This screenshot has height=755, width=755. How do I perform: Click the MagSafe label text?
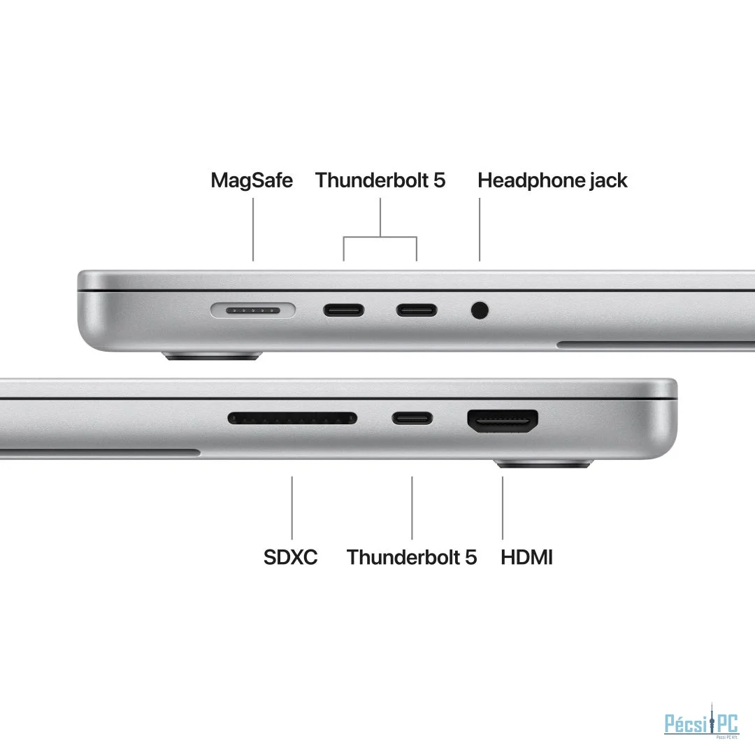pyautogui.click(x=252, y=180)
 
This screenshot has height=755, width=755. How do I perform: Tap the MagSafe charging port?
pyautogui.click(x=253, y=310)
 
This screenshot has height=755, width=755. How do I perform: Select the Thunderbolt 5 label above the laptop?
pyautogui.click(x=380, y=180)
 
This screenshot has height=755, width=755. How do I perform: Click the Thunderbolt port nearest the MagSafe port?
pyautogui.click(x=343, y=310)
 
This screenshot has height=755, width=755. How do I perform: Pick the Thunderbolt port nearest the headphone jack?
pyautogui.click(x=417, y=310)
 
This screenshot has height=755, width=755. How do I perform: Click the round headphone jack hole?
pyautogui.click(x=480, y=310)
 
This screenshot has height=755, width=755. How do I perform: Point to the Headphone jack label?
pyautogui.click(x=552, y=180)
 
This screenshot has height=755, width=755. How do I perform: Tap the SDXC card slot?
pyautogui.click(x=292, y=419)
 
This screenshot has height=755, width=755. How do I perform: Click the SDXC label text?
pyautogui.click(x=290, y=557)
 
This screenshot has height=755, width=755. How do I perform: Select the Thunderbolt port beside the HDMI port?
pyautogui.click(x=412, y=419)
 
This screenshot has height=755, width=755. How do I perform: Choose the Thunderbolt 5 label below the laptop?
pyautogui.click(x=412, y=557)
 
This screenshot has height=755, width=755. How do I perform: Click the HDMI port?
pyautogui.click(x=503, y=422)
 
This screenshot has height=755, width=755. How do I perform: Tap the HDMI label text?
pyautogui.click(x=527, y=557)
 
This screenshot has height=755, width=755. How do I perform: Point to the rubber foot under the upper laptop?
pyautogui.click(x=213, y=357)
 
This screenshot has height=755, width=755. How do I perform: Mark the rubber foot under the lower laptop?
pyautogui.click(x=543, y=464)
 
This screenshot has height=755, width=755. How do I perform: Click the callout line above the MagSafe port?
pyautogui.click(x=253, y=230)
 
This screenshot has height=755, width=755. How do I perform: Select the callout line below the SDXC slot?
pyautogui.click(x=292, y=508)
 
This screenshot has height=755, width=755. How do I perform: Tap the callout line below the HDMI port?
pyautogui.click(x=503, y=508)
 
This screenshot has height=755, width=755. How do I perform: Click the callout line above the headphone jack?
pyautogui.click(x=480, y=230)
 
